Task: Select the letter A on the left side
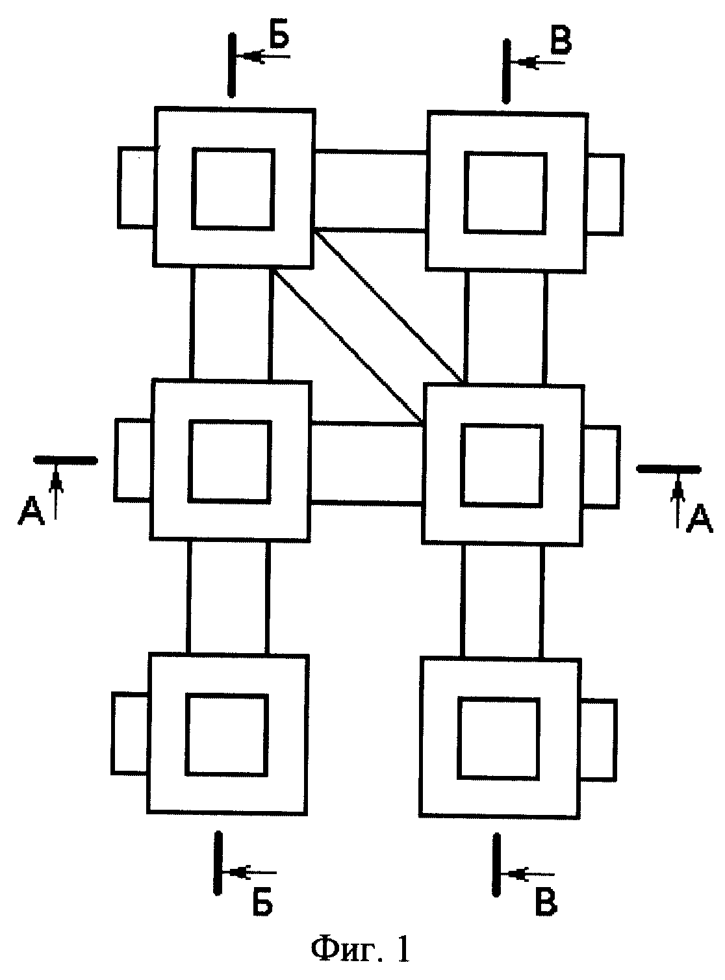tap(31, 510)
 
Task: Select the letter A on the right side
tap(699, 519)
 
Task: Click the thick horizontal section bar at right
tap(668, 469)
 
